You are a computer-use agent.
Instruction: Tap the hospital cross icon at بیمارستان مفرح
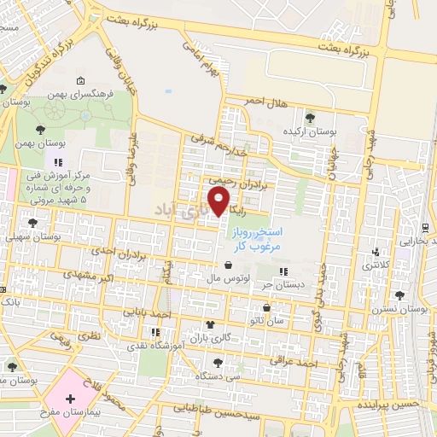[x=69, y=399]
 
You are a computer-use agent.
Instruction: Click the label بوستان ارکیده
[x=312, y=133]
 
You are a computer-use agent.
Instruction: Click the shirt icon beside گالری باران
[x=210, y=324]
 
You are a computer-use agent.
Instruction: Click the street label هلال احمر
[x=264, y=101]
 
